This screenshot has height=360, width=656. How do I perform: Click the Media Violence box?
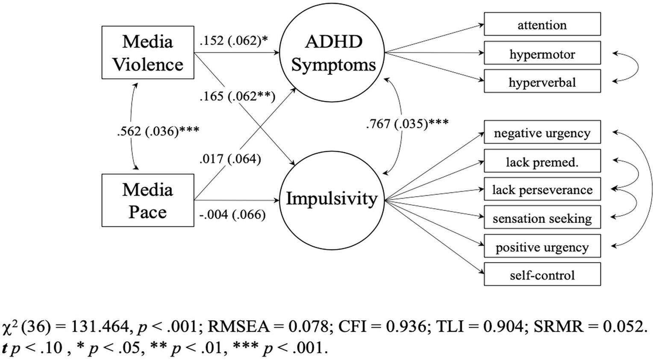(x=147, y=53)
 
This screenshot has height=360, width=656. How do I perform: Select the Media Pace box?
(x=147, y=200)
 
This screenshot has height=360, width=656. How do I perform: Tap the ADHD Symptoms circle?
(x=332, y=53)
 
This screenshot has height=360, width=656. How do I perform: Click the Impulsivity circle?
(x=332, y=199)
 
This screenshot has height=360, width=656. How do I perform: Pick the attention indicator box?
(x=542, y=25)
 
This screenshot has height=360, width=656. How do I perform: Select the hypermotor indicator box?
(x=542, y=54)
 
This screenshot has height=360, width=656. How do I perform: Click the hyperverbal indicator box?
(x=542, y=82)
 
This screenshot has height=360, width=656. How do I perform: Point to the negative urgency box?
(x=542, y=133)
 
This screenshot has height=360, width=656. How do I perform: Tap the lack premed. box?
(x=542, y=162)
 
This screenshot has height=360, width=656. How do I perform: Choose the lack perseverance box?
(x=542, y=190)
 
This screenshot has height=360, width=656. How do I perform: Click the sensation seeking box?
(x=542, y=218)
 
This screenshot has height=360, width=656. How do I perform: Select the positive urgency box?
(x=542, y=247)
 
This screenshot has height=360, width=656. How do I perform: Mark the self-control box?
(x=542, y=275)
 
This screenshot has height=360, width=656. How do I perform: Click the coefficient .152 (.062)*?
(x=234, y=41)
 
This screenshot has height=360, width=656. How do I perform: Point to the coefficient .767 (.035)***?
(x=407, y=124)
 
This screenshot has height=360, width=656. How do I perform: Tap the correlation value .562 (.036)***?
(x=158, y=131)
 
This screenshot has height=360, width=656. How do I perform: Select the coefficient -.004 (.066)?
(x=232, y=215)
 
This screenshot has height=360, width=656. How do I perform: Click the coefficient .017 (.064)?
(x=230, y=159)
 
